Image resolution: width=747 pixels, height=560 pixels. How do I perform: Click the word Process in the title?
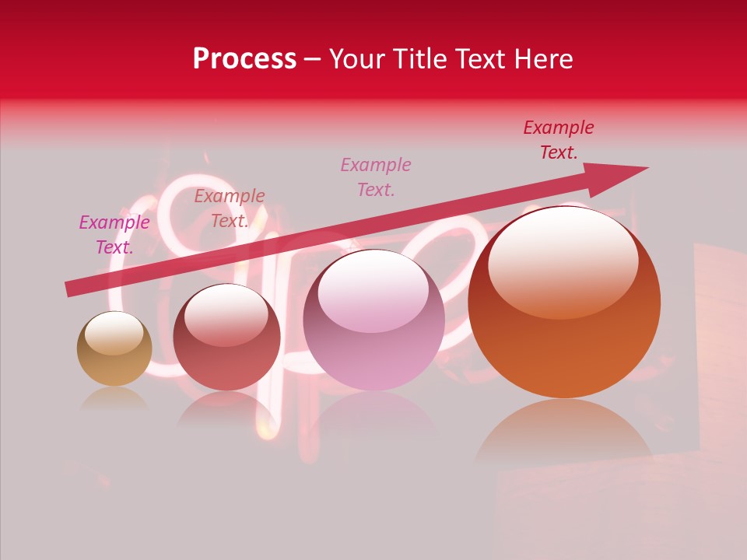[244, 59]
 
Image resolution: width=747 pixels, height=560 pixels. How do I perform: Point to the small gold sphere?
[114, 349]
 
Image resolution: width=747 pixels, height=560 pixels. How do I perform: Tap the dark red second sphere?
[226, 342]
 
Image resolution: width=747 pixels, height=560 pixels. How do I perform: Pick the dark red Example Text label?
[559, 140]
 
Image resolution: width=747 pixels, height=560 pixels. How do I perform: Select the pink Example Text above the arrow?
[376, 177]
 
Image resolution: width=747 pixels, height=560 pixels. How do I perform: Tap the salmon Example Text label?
[230, 208]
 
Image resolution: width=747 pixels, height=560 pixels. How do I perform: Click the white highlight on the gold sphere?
[114, 332]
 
